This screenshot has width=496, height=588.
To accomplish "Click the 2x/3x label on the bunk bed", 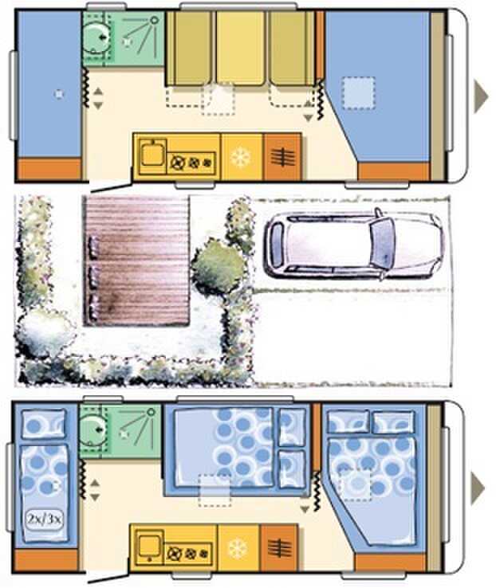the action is click(45, 519).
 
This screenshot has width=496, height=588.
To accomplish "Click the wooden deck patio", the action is click(136, 261).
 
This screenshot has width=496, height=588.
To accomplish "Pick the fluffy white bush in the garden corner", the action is click(44, 332).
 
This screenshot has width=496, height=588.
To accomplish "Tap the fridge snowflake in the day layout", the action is click(241, 157).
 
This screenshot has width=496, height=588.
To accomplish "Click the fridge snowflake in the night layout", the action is click(238, 548).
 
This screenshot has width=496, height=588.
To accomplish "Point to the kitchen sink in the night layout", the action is click(149, 544).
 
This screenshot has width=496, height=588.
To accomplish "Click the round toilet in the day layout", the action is click(96, 37).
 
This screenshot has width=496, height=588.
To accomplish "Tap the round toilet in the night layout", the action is click(92, 429).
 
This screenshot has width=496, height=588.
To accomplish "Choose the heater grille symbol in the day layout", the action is click(282, 157).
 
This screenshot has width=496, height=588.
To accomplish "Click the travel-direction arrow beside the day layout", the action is click(481, 96).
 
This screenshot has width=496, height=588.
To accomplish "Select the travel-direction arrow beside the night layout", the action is click(478, 488).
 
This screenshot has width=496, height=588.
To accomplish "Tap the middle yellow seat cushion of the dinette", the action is click(240, 48).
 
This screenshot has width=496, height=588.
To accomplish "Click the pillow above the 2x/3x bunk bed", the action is click(44, 424).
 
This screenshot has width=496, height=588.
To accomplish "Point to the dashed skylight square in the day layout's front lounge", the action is click(358, 93).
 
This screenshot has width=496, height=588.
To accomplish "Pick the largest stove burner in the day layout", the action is click(177, 163).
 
